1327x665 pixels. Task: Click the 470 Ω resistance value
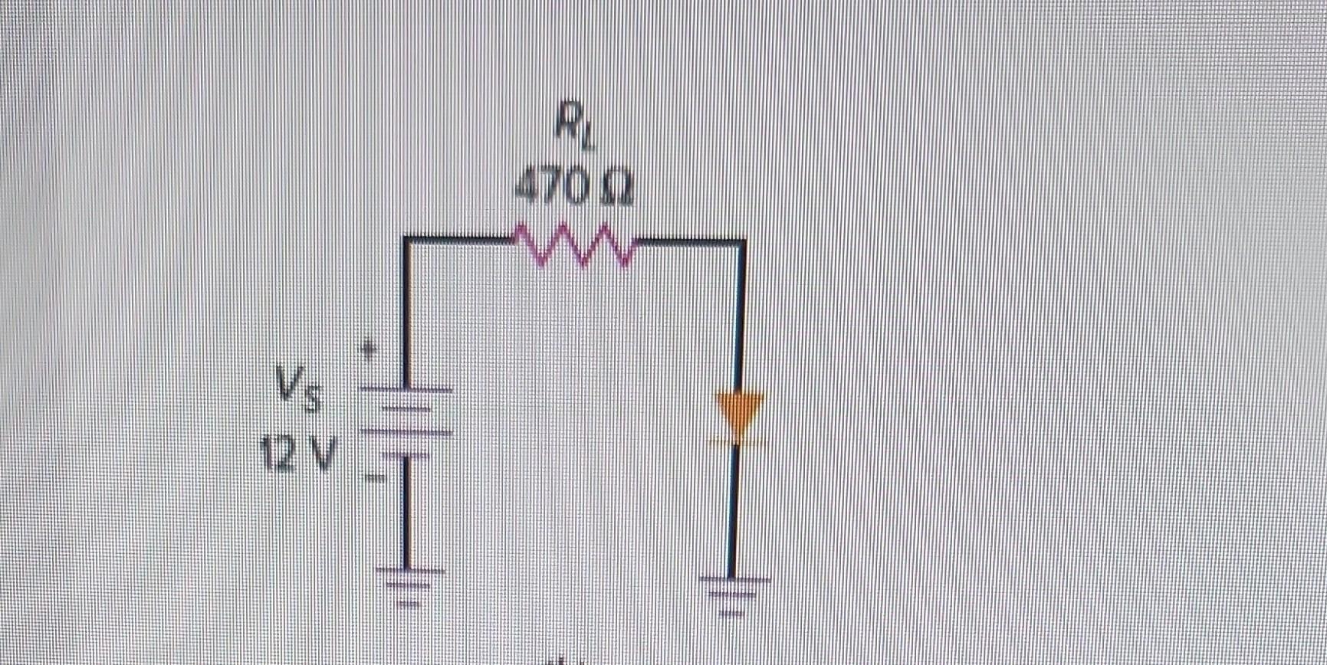pyautogui.click(x=573, y=187)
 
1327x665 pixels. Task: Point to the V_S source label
pyautogui.click(x=300, y=388)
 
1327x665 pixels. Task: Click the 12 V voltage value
pyautogui.click(x=297, y=454)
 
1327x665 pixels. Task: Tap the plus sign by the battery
pyautogui.click(x=370, y=351)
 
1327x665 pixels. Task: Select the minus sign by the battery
pyautogui.click(x=374, y=479)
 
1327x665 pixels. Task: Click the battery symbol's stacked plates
pyautogui.click(x=406, y=421)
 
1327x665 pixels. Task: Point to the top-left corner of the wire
pyautogui.click(x=406, y=241)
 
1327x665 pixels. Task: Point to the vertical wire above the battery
pyautogui.click(x=406, y=314)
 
